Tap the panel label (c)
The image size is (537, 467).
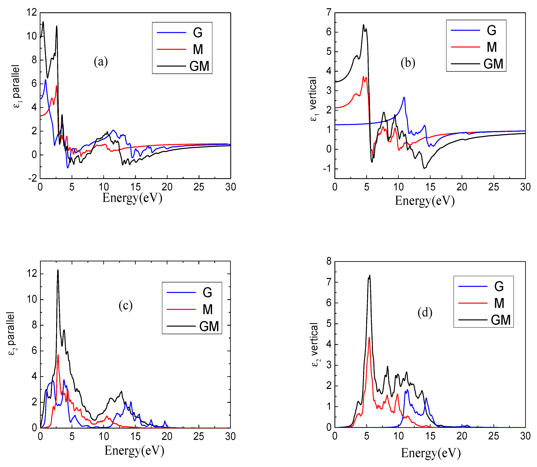126,305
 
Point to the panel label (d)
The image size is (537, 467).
425,312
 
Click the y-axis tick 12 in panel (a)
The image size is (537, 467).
32,12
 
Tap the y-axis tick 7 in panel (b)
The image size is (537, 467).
329,12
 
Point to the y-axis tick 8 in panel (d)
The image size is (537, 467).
329,261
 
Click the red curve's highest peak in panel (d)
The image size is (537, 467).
369,338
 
